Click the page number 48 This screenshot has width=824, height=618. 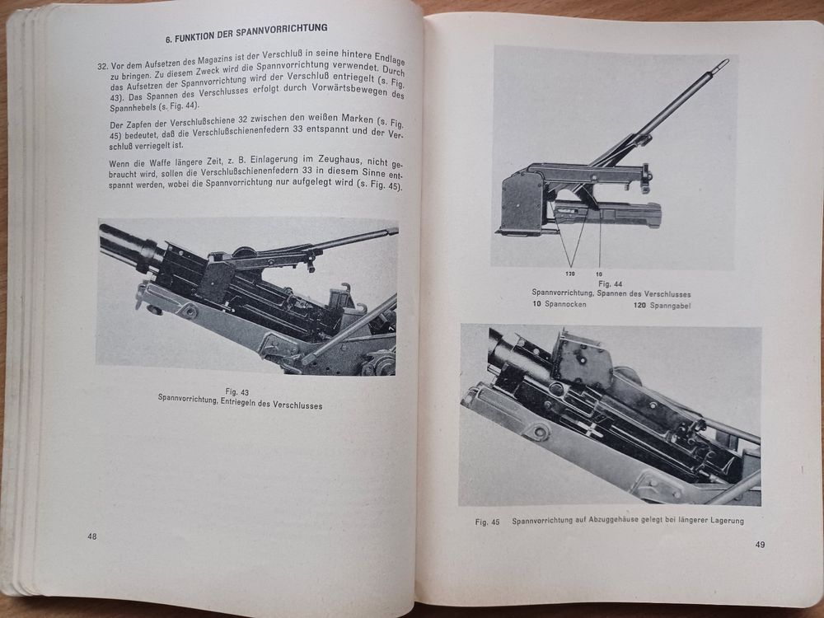92,536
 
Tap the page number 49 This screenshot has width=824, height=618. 760,544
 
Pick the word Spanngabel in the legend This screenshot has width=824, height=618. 672,306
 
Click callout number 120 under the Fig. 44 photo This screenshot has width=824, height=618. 569,273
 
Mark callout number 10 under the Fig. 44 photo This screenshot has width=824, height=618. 600,273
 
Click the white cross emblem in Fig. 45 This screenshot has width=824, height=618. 588,428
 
